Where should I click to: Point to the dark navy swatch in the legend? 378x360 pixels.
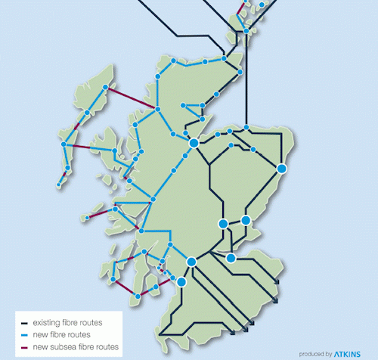coord(24,323)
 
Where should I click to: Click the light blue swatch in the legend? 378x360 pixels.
coord(24,334)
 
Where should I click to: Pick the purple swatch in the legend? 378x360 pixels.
coord(24,346)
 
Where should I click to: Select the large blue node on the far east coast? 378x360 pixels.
coord(281,168)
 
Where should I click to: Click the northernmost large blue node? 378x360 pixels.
coord(194,142)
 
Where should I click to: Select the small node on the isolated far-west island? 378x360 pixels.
coord(88,219)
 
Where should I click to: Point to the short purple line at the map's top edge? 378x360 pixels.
coord(242,8)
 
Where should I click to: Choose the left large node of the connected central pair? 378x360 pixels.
coord(223,223)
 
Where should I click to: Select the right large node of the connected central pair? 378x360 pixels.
coord(246,220)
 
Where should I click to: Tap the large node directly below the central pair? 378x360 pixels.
coord(231,258)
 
